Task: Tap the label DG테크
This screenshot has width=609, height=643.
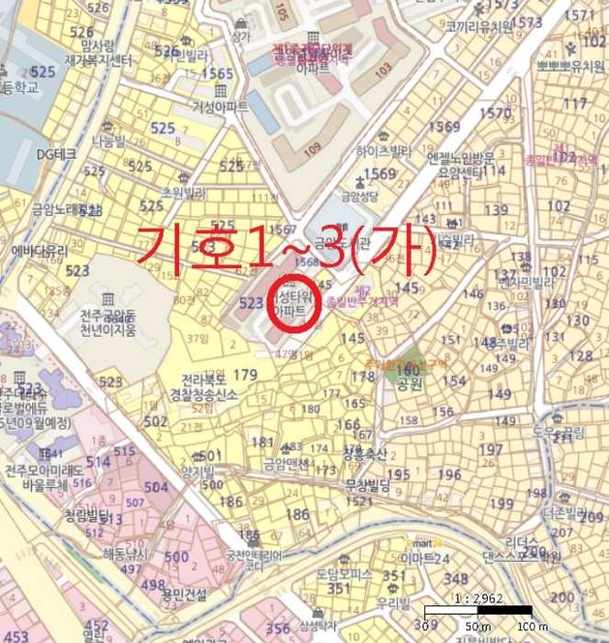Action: (x=56, y=153)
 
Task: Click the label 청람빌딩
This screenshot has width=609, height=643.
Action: (x=88, y=515)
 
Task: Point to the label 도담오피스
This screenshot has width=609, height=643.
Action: (x=342, y=572)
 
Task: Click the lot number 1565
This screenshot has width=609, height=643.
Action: (x=218, y=73)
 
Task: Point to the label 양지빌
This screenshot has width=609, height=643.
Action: (x=197, y=472)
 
